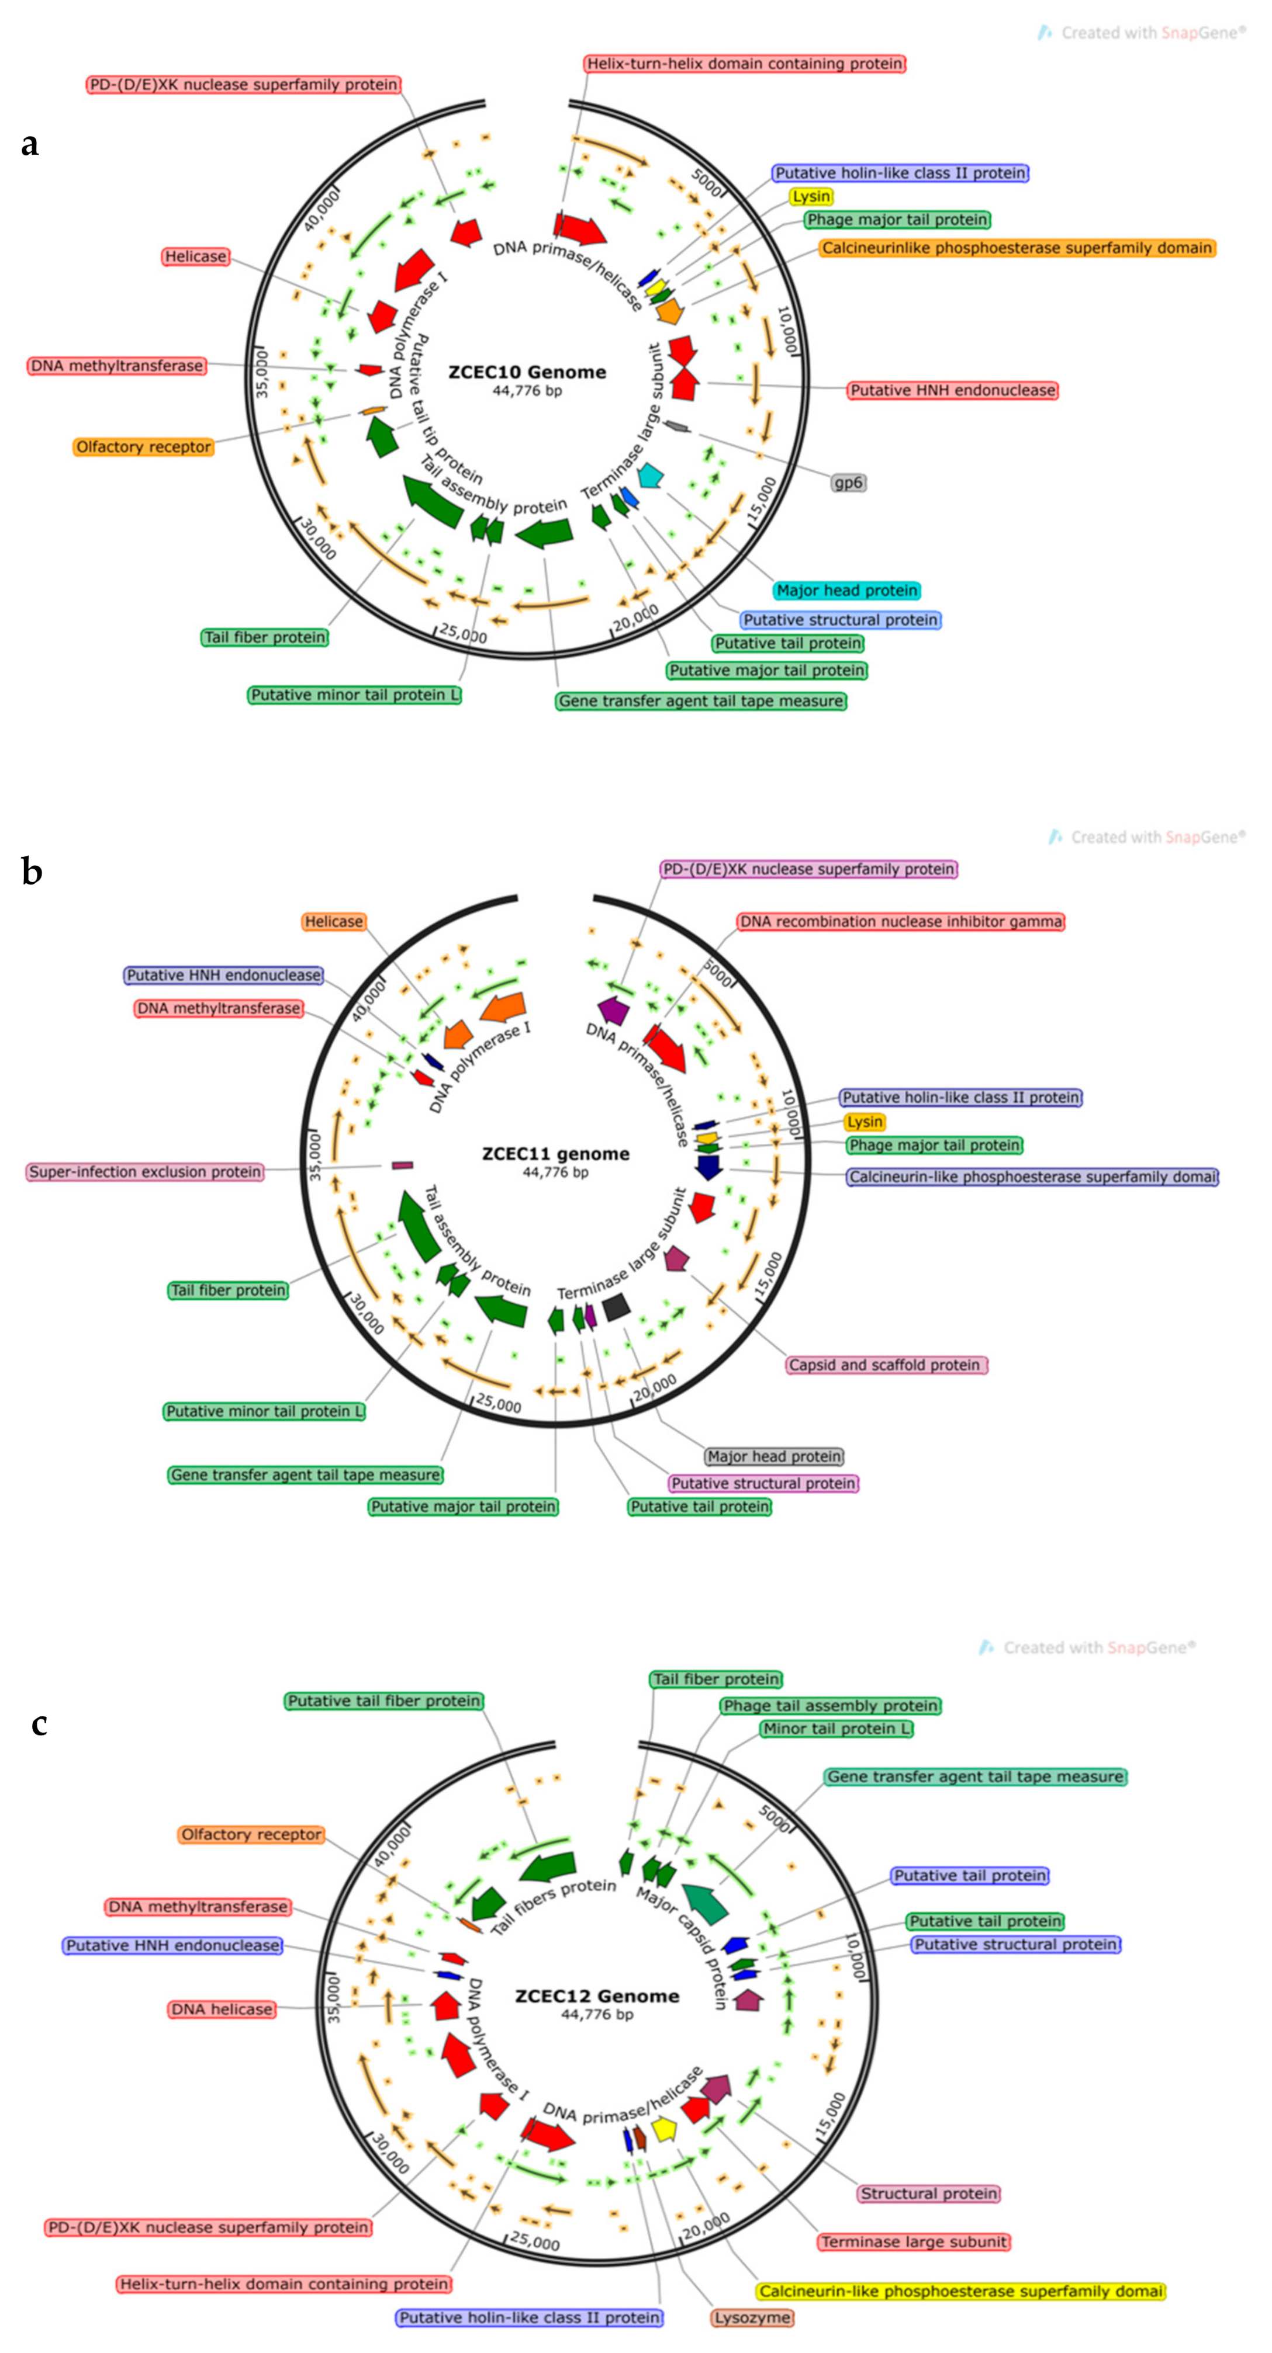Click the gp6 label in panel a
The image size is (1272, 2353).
coord(848,483)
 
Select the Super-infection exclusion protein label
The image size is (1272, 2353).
coord(146,1171)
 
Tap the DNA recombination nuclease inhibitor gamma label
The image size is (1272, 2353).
coord(900,922)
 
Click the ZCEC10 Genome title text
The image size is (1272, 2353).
coord(527,372)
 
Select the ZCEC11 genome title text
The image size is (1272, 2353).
coord(555,1154)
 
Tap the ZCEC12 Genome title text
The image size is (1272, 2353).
coord(597,1996)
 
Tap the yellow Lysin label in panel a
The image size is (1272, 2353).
coord(811,196)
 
